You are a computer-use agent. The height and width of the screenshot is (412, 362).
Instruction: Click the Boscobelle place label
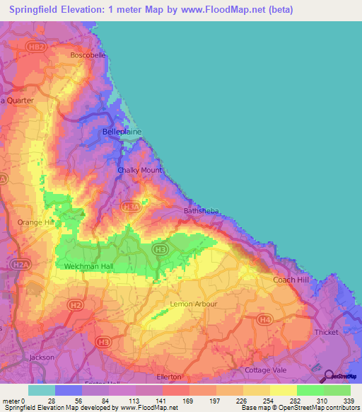tap(88, 55)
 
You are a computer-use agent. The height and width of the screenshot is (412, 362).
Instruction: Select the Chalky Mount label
tap(140, 170)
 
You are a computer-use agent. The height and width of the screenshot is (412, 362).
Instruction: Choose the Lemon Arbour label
tap(194, 304)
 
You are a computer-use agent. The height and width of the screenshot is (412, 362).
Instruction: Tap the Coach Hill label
tap(291, 280)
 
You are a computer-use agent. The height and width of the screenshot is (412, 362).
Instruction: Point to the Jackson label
tap(42, 357)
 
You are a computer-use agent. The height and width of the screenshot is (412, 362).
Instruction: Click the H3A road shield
tap(131, 207)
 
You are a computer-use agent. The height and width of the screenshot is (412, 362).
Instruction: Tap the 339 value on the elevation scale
tap(349, 400)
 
